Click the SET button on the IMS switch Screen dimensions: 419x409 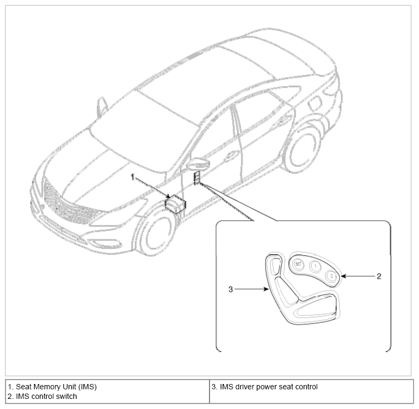pyautogui.click(x=298, y=264)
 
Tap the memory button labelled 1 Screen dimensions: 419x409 pyautogui.click(x=316, y=266)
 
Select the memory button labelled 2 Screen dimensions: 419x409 pyautogui.click(x=331, y=276)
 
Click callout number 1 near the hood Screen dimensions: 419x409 pyautogui.click(x=132, y=177)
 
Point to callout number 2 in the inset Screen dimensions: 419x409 pyautogui.click(x=379, y=276)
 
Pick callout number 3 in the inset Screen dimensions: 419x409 pyautogui.click(x=231, y=289)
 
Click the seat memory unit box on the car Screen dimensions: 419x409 pyautogui.click(x=175, y=204)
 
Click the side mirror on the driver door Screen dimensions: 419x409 pyautogui.click(x=198, y=163)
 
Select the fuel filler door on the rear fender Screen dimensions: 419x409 pyautogui.click(x=315, y=104)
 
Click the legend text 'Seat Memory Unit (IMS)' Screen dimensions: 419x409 pyautogui.click(x=56, y=387)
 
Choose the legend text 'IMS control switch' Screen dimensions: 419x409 pyautogui.click(x=46, y=396)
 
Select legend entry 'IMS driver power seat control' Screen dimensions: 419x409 pyautogui.click(x=269, y=387)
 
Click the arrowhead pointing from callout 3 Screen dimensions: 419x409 pyautogui.click(x=266, y=289)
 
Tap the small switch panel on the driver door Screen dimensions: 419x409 pyautogui.click(x=197, y=178)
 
